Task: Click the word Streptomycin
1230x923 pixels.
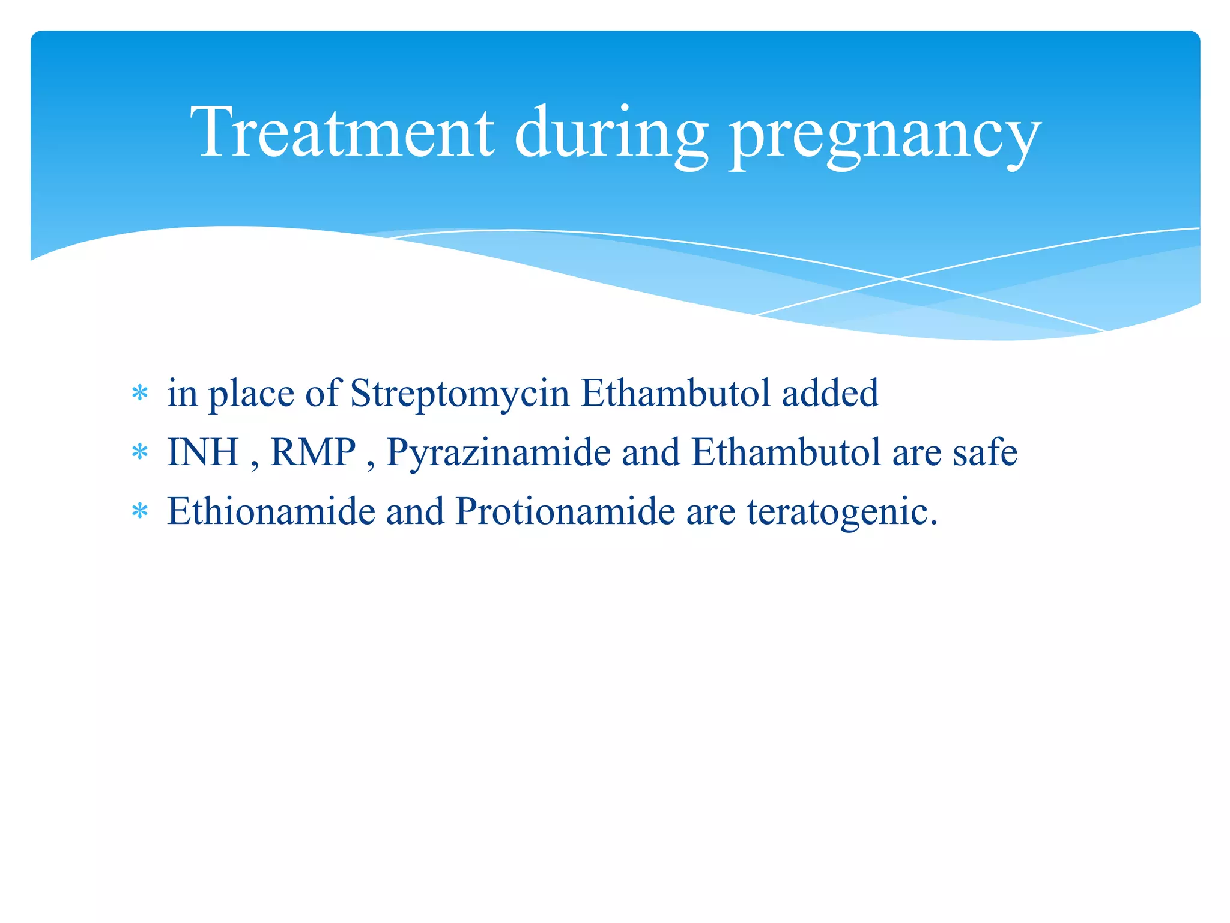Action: tap(459, 394)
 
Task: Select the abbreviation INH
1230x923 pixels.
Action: tap(202, 452)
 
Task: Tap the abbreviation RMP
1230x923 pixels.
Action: tap(313, 452)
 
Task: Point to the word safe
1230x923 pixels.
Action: tap(985, 452)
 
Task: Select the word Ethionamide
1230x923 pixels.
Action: tap(271, 512)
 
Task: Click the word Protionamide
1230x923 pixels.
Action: tap(565, 512)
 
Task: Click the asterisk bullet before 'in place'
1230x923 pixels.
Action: tap(140, 394)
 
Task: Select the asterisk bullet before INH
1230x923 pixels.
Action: tap(140, 452)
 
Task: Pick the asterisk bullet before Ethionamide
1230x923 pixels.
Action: tap(140, 512)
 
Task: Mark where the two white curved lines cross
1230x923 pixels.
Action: tap(899, 279)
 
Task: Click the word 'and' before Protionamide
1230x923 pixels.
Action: tap(415, 512)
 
